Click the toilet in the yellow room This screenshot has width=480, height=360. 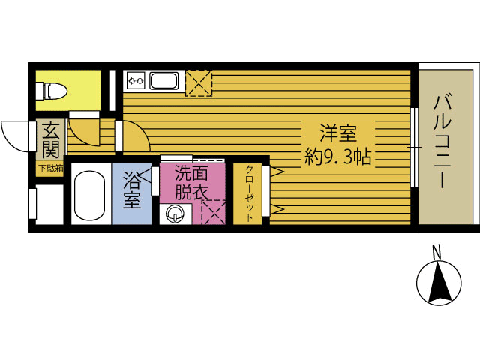(x=52, y=91)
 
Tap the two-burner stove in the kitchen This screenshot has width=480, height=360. (x=136, y=81)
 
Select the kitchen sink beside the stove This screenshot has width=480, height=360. (x=164, y=81)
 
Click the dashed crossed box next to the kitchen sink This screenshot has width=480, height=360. (x=199, y=83)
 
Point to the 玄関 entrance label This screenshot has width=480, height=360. (x=50, y=140)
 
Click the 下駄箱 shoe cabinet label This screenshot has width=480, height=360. (x=50, y=168)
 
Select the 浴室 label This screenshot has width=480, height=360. (x=132, y=190)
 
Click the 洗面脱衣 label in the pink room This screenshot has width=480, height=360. (x=192, y=183)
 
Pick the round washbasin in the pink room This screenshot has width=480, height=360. (x=175, y=214)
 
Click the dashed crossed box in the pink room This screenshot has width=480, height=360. (x=213, y=212)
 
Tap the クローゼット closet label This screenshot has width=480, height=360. (x=250, y=193)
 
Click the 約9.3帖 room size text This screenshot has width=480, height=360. (x=337, y=157)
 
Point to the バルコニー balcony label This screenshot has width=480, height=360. (x=442, y=142)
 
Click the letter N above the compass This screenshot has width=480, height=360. (x=436, y=252)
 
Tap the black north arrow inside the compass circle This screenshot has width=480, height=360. (x=440, y=282)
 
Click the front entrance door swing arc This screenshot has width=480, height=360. (x=15, y=136)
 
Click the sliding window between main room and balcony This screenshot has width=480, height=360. (x=414, y=147)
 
